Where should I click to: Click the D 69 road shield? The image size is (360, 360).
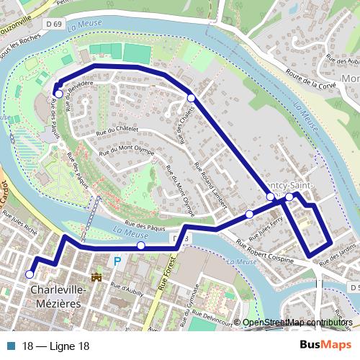pos(52,25)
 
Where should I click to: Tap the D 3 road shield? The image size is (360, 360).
pos(180,238)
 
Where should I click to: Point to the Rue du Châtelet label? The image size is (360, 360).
pos(115,132)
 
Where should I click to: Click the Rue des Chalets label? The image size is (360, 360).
pos(184,125)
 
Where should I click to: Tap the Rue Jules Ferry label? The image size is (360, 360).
pos(261,228)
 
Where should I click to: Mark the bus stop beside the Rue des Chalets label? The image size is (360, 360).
pos(191,98)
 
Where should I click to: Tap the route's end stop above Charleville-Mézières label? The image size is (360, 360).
pos(30,274)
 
